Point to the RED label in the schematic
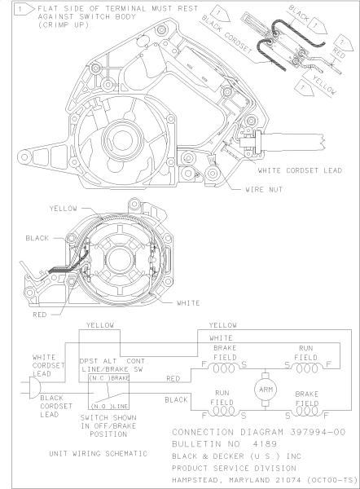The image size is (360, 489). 173,378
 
